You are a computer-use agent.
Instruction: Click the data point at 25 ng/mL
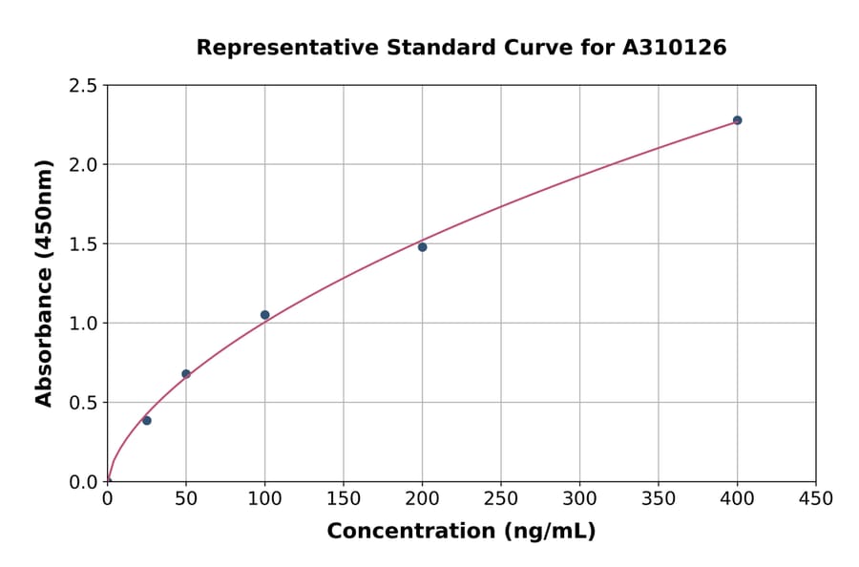pyautogui.click(x=147, y=420)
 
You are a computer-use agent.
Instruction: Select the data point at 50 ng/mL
pyautogui.click(x=186, y=374)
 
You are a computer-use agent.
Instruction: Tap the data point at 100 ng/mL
pyautogui.click(x=264, y=315)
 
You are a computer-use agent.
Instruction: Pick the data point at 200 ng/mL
pyautogui.click(x=422, y=247)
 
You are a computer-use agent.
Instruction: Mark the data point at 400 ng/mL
pyautogui.click(x=737, y=120)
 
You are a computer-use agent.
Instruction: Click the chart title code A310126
pyautogui.click(x=675, y=48)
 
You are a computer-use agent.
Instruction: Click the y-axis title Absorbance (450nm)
pyautogui.click(x=44, y=283)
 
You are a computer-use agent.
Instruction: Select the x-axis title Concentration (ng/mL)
pyautogui.click(x=461, y=532)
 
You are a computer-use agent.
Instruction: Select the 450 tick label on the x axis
pyautogui.click(x=816, y=498)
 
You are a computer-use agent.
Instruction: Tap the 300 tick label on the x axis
pyautogui.click(x=579, y=498)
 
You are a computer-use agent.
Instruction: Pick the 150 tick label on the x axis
pyautogui.click(x=344, y=498)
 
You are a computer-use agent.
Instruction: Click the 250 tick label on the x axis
pyautogui.click(x=501, y=498)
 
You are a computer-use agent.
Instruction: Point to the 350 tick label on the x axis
pyautogui.click(x=659, y=498)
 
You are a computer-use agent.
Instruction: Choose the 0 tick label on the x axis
pyautogui.click(x=108, y=498)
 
